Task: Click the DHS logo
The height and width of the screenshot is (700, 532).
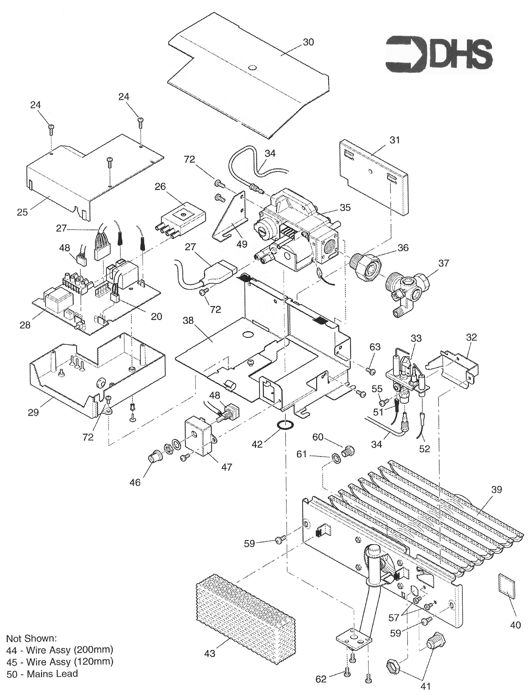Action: tap(439, 54)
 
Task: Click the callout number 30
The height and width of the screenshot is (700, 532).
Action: tap(308, 42)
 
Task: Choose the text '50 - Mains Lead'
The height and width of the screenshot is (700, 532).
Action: tap(42, 674)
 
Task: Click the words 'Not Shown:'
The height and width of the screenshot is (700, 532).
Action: tap(31, 638)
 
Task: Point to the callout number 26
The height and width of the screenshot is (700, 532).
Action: tap(160, 186)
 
